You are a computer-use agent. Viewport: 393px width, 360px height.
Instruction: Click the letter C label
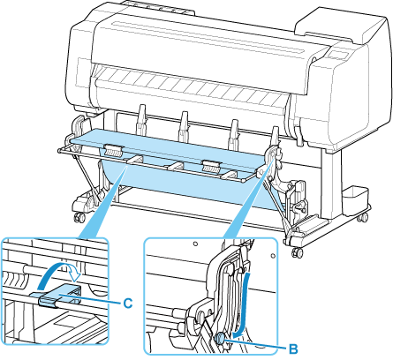[x=128, y=303]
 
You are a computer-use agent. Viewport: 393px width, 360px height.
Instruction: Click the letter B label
[x=293, y=349]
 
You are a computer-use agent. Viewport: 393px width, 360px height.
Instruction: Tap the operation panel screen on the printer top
[x=338, y=55]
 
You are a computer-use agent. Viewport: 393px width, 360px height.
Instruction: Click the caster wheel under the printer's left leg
[x=79, y=217]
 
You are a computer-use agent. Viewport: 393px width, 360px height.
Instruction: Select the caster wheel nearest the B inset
[x=297, y=252]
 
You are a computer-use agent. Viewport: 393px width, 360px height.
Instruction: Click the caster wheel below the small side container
[x=363, y=217]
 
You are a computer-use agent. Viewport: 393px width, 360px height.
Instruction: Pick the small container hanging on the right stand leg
[x=355, y=197]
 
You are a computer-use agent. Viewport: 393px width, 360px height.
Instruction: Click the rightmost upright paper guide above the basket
[x=275, y=136]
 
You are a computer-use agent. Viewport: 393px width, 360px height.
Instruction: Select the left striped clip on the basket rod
[x=113, y=150]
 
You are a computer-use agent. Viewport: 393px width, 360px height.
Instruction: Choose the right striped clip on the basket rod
[x=211, y=166]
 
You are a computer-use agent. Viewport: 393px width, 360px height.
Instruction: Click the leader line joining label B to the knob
[x=255, y=344]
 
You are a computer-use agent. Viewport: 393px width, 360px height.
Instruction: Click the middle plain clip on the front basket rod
[x=176, y=165]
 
